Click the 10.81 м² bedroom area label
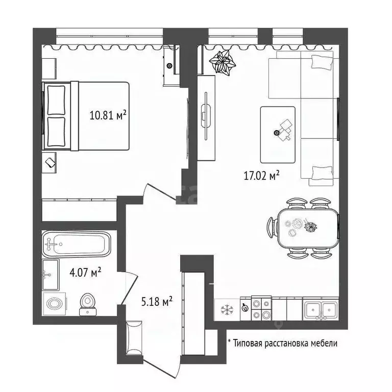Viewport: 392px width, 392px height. coord(108,115)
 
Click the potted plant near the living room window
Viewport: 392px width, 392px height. coord(223,63)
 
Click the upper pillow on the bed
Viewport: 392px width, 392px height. coord(56,99)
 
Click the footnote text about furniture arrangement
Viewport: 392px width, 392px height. coord(282,344)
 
